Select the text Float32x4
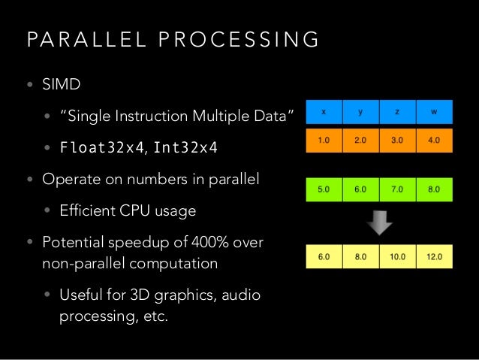(102, 147)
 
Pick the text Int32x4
(185, 147)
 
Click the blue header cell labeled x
(324, 112)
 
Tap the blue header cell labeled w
(435, 112)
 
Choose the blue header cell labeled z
(398, 112)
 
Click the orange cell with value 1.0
(324, 140)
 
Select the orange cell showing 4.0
(435, 140)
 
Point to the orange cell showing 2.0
(361, 140)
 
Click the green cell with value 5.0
(324, 189)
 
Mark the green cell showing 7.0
(398, 189)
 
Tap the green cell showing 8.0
(435, 189)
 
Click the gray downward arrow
(379, 222)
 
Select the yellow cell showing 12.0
(435, 256)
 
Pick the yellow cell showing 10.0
(398, 256)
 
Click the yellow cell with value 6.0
(324, 256)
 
